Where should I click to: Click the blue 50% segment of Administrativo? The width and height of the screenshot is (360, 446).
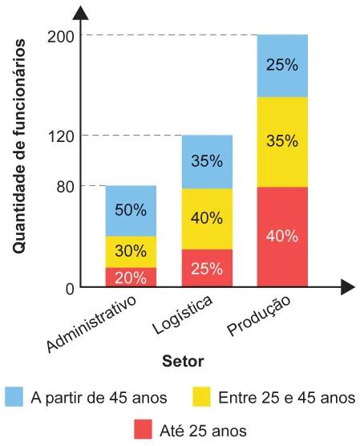[131, 211]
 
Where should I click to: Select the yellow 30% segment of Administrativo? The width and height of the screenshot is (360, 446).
[131, 252]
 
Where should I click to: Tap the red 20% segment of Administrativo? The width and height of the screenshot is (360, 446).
[131, 277]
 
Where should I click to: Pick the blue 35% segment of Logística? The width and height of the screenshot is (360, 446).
[207, 161]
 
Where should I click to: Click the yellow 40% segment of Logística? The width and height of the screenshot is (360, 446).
[207, 219]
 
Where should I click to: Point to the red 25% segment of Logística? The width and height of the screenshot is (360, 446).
[207, 268]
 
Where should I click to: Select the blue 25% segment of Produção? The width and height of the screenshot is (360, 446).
[282, 66]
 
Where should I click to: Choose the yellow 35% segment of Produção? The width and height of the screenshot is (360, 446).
[282, 142]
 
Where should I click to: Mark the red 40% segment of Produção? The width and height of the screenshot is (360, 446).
[282, 237]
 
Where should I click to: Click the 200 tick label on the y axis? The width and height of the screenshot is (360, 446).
[61, 37]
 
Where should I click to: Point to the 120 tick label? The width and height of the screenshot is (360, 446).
[61, 137]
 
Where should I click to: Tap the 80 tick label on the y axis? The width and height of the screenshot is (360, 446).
[66, 187]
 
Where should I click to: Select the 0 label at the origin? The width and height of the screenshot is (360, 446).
[70, 290]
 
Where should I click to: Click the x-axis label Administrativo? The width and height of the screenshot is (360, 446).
[91, 324]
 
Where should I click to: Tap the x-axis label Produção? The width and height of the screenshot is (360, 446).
[259, 315]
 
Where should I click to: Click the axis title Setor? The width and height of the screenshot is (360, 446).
[183, 362]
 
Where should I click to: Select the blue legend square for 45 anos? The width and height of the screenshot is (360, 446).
[14, 396]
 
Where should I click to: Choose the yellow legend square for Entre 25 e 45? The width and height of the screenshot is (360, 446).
[201, 396]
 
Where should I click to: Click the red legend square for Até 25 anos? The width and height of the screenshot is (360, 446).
[143, 429]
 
